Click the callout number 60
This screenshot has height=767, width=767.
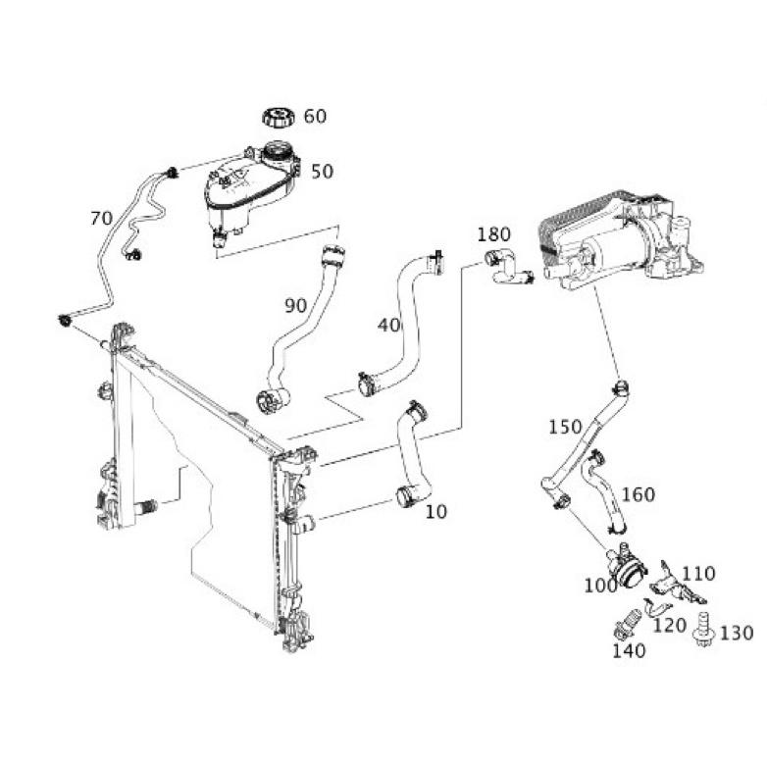click(315, 117)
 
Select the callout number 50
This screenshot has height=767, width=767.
click(323, 172)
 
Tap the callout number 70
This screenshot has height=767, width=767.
click(102, 218)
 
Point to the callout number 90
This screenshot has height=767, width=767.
click(296, 306)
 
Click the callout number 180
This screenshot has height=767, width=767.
click(494, 234)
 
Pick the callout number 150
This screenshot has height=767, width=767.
click(565, 427)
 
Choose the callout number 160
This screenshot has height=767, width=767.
click(639, 494)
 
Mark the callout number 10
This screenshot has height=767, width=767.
click(436, 512)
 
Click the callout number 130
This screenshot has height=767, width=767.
click(737, 633)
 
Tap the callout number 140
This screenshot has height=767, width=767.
click(629, 650)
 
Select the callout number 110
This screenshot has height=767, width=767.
click(698, 574)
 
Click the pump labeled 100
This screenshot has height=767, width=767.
click(627, 565)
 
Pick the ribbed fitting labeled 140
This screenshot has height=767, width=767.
click(625, 624)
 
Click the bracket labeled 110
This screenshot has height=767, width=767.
click(678, 585)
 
